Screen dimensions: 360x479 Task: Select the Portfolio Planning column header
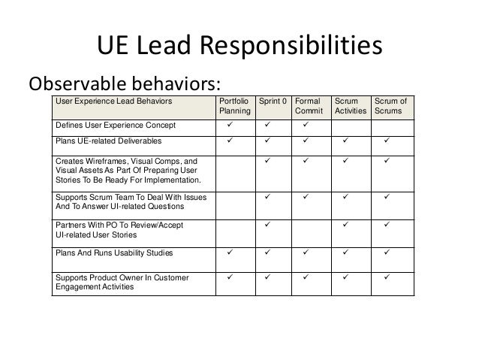[x=234, y=105]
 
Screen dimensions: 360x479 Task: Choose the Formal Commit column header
[x=309, y=105]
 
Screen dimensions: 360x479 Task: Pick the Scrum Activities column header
[x=351, y=105]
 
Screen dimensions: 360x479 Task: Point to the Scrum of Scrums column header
[x=390, y=105]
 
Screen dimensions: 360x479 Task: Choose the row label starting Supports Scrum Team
[x=131, y=202]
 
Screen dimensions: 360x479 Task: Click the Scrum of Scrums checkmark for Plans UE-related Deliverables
[x=388, y=141]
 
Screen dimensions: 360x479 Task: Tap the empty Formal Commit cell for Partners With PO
[x=309, y=229]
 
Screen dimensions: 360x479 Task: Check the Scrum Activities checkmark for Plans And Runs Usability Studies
[x=346, y=253]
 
